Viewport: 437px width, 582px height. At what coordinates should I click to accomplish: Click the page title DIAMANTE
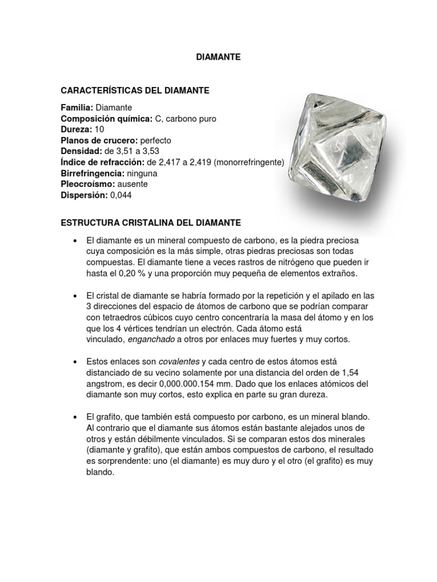click(x=218, y=57)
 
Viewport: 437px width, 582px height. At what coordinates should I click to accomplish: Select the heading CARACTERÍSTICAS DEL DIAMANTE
click(x=135, y=90)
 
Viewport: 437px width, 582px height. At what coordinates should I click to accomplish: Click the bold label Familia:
click(x=77, y=107)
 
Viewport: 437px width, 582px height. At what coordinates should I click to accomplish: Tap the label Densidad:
click(x=80, y=151)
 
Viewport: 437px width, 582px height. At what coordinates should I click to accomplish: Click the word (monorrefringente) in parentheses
click(x=248, y=162)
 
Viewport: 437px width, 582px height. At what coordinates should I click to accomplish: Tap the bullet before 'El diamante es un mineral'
click(x=75, y=241)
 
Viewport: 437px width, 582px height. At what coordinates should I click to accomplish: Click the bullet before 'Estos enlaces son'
click(x=75, y=361)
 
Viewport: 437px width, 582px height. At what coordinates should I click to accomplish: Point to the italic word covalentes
click(x=179, y=361)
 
